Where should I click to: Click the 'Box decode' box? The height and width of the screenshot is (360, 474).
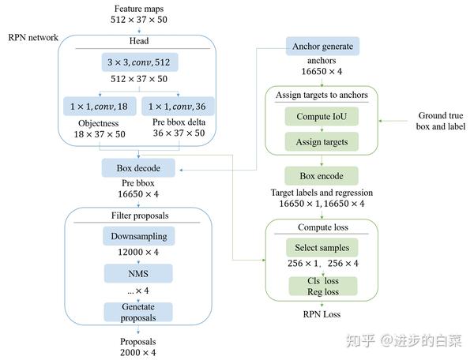click(138, 167)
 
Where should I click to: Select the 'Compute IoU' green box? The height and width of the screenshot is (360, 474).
click(322, 117)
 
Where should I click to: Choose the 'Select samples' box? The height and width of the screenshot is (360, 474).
click(322, 248)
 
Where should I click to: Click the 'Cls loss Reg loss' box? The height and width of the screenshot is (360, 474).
click(322, 286)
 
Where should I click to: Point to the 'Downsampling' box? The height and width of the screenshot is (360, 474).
click(138, 235)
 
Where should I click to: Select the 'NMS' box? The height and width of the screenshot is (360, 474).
click(138, 272)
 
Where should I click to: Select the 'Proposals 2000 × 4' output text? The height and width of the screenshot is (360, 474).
click(138, 347)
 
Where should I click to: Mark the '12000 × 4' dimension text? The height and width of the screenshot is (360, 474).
click(138, 253)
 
